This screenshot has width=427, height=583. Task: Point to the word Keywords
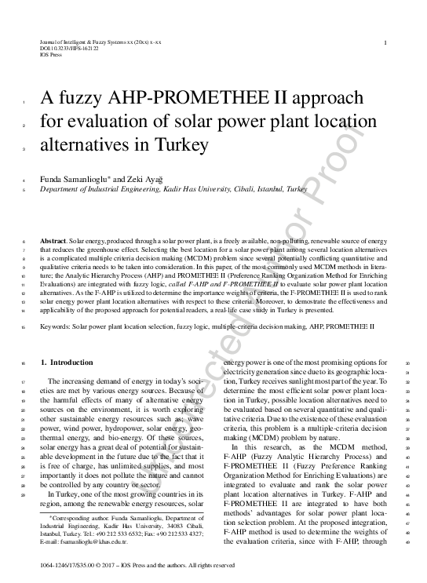coord(58,324)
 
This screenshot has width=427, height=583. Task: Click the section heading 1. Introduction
coord(66,363)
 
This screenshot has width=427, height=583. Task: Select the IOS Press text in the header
coord(49,54)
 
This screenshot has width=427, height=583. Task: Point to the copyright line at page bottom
coord(137,565)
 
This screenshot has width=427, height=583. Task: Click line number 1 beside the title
coord(26,103)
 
